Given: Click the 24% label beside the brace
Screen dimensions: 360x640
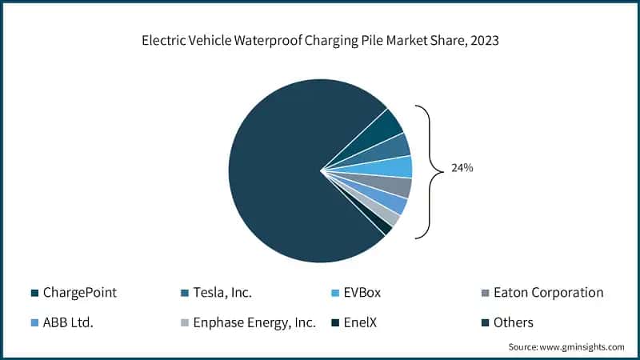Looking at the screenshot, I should tap(461, 170).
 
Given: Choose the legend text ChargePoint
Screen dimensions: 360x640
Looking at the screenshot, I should tap(79, 293).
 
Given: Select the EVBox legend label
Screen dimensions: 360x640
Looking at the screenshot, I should tap(362, 293).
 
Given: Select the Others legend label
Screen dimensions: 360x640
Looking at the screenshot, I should tap(511, 322).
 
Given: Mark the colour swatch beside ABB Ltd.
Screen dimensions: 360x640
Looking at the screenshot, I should tap(34, 323).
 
